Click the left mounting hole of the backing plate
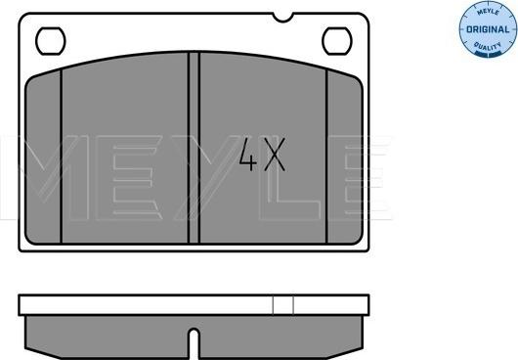point(51,41)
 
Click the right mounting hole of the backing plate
point(337,41)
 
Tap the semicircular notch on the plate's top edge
point(283,18)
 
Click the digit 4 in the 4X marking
point(248,155)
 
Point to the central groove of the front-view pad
point(194,148)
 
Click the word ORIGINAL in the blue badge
point(488,29)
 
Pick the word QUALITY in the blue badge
point(488,47)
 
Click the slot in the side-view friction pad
point(194,343)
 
